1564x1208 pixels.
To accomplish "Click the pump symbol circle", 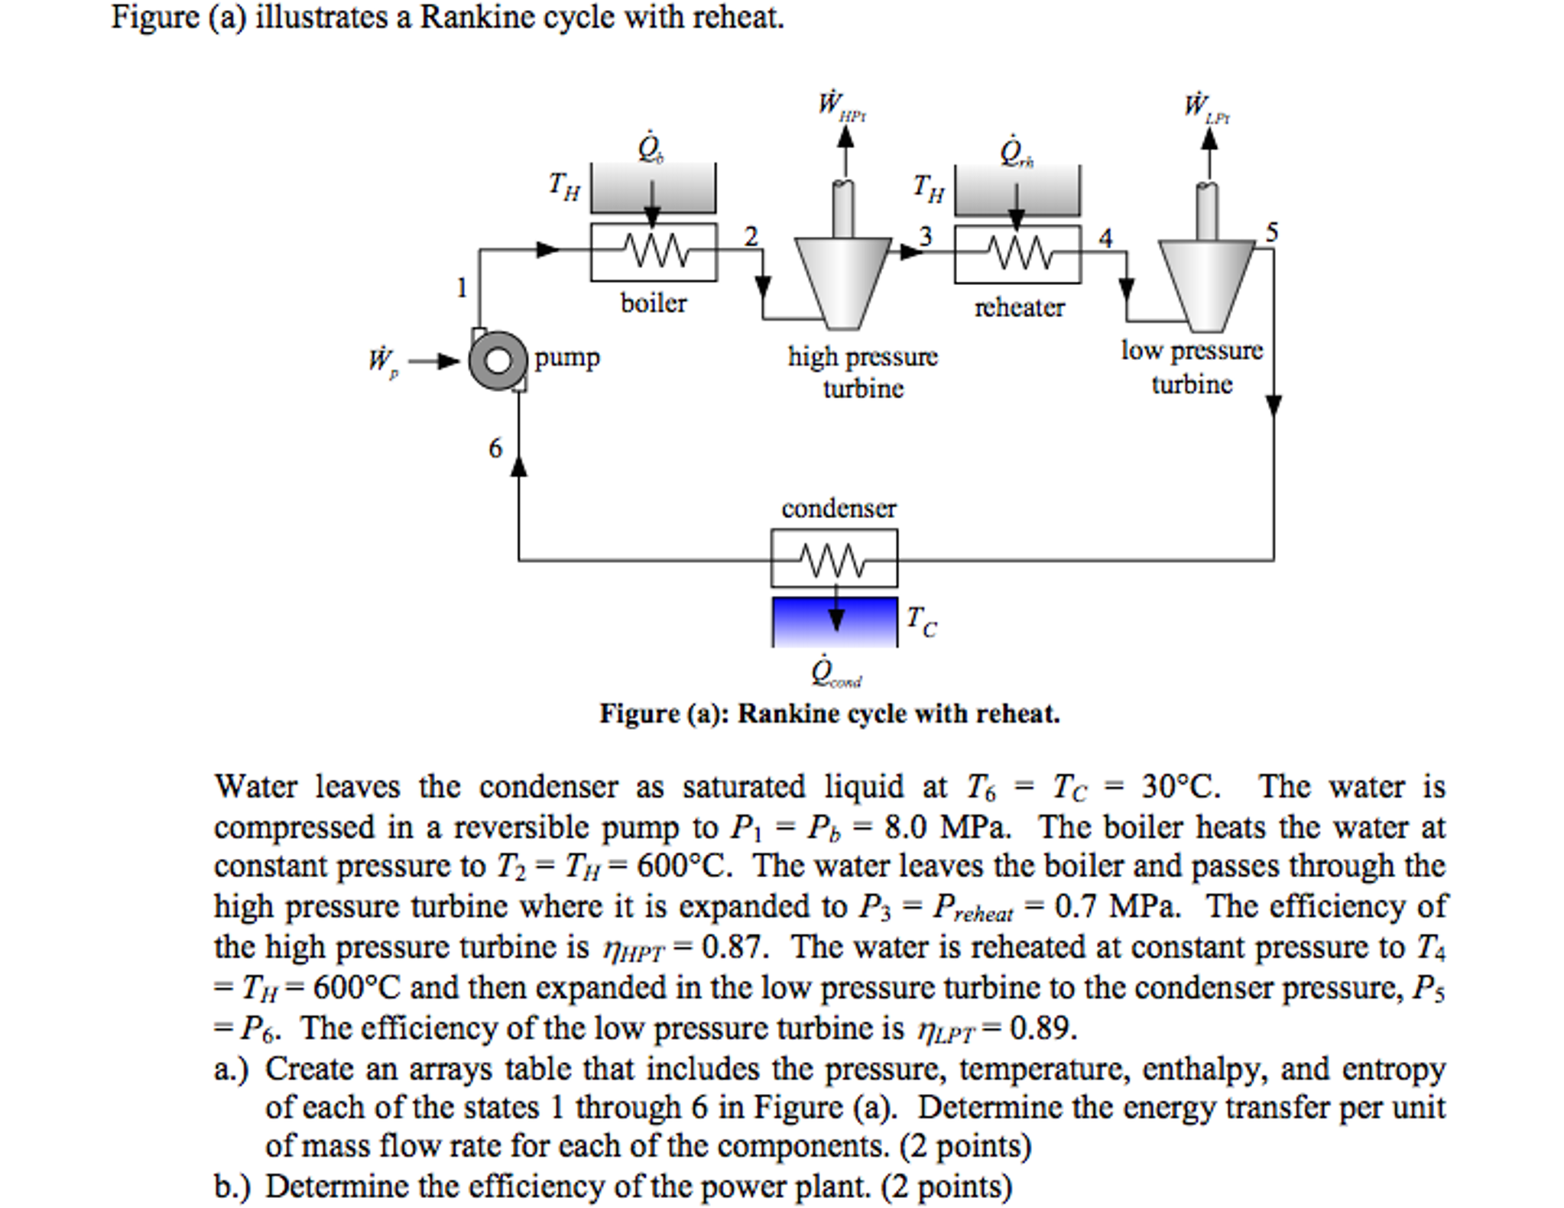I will (498, 360).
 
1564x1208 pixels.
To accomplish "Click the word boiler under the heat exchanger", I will (653, 303).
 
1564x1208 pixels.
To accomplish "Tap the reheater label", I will (1019, 307).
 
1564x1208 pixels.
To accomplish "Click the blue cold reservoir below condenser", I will (834, 621).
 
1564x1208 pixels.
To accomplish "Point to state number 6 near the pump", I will (495, 448).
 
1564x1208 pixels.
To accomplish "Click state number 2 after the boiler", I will (751, 237).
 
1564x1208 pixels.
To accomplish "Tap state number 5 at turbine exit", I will (1271, 232).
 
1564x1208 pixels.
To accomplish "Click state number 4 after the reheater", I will (1105, 238).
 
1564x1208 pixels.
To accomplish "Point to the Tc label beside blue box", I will (921, 621).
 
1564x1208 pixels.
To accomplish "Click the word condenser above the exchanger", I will (838, 508).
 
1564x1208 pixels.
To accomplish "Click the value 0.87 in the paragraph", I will (733, 947).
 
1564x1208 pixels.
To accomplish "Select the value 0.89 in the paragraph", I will (1043, 1028).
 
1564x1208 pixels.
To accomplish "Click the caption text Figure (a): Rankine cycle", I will (829, 714).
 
